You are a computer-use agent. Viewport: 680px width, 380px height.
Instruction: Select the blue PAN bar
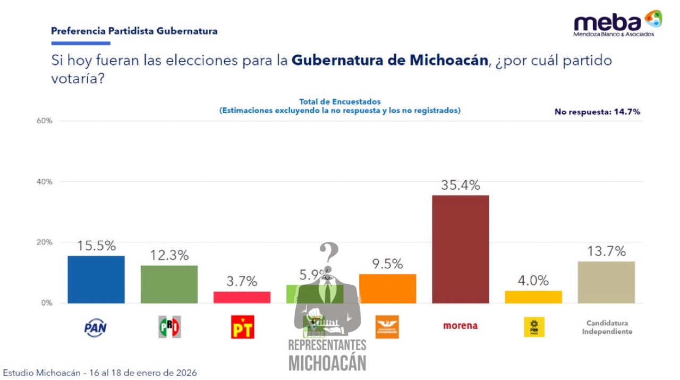96,280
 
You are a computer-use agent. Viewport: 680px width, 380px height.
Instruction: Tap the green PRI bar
169,284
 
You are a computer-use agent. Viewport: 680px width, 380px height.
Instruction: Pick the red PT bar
242,297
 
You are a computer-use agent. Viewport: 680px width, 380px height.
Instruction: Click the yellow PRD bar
533,297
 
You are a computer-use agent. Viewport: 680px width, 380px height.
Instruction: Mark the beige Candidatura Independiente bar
606,282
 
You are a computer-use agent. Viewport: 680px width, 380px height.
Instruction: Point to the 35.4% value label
460,185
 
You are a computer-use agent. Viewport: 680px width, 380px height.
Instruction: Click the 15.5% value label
96,246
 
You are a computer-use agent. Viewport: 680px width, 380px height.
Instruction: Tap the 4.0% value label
533,281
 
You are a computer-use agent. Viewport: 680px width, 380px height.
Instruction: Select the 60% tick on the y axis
45,121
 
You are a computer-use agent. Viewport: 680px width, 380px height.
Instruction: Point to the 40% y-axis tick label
45,182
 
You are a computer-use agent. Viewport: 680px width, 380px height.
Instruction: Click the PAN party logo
96,327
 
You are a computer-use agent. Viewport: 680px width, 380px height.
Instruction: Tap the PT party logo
242,327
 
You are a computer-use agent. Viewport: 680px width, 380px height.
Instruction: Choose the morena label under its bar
460,326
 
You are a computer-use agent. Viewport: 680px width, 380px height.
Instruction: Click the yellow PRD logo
533,327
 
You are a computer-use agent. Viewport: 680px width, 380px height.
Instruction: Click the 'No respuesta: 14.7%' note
597,112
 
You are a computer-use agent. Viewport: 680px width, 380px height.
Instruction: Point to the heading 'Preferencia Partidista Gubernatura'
134,31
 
